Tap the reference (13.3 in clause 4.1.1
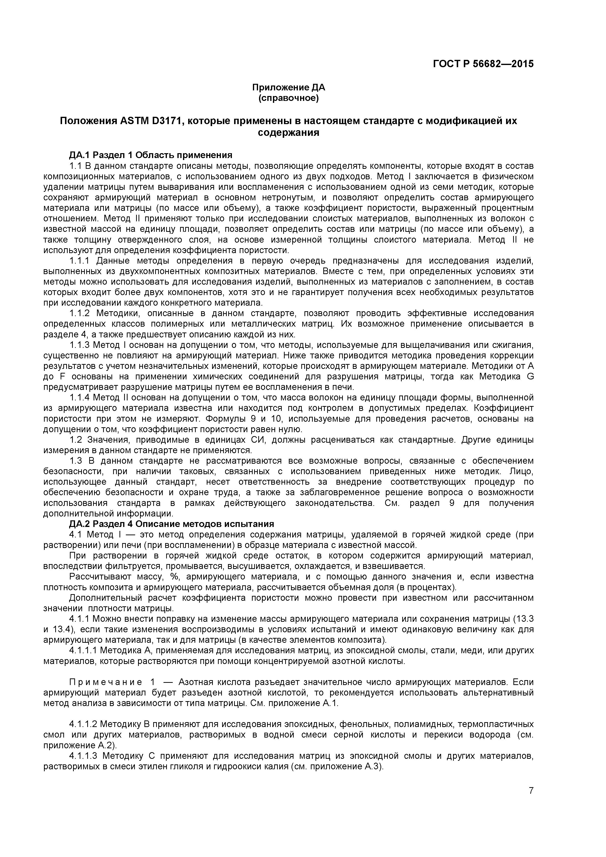[x=523, y=619]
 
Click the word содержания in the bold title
[x=289, y=132]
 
